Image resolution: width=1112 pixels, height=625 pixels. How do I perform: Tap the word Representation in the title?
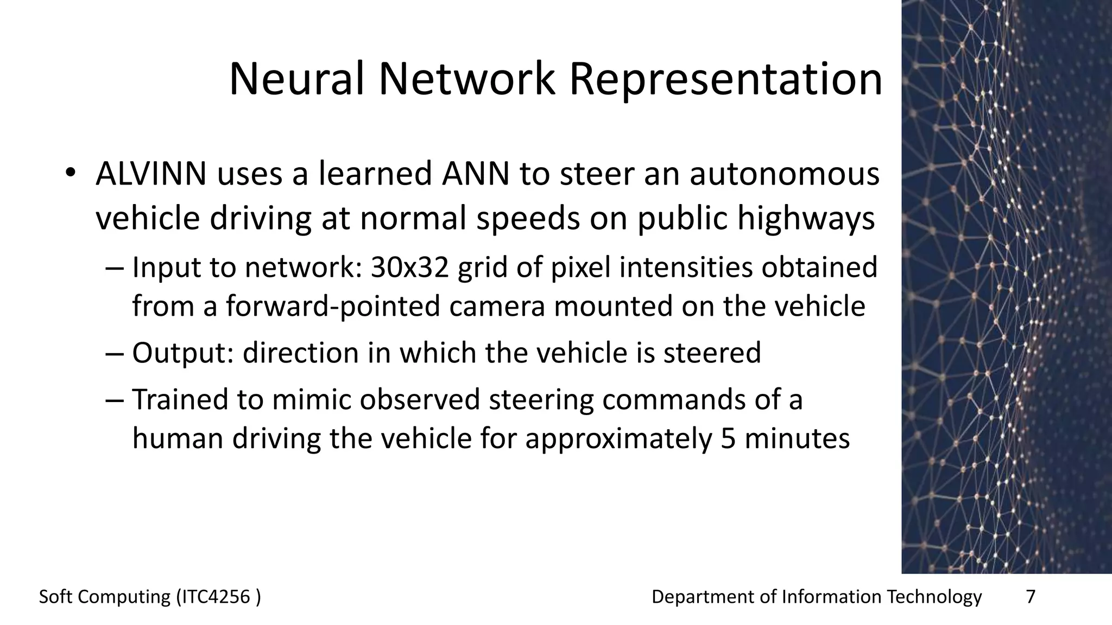pyautogui.click(x=725, y=80)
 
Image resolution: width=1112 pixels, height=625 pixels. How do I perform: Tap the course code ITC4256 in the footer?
pyautogui.click(x=214, y=597)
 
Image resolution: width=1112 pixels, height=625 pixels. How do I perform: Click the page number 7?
pyautogui.click(x=1030, y=597)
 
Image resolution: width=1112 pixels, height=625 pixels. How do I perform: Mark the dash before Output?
pyautogui.click(x=115, y=353)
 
